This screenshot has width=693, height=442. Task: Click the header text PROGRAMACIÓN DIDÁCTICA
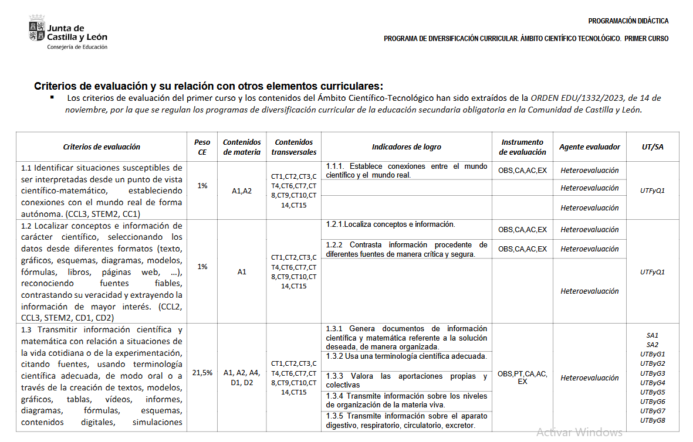628,21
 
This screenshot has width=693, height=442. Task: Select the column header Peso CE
202,147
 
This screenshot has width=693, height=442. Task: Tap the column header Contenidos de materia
242,147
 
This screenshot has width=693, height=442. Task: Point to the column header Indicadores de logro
407,147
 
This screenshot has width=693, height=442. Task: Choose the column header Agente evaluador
589,147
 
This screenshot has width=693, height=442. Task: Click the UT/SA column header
653,147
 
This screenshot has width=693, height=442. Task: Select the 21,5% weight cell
202,373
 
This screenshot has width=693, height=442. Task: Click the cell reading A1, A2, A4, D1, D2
242,378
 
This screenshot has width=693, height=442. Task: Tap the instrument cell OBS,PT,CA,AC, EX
522,378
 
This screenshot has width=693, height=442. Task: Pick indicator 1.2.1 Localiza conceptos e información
390,224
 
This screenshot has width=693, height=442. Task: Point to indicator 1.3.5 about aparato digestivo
406,420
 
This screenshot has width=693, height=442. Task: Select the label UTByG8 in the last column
653,420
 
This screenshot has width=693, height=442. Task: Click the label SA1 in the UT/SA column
653,335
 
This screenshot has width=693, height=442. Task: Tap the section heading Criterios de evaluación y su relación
208,86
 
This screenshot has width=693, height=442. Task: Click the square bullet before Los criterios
52,97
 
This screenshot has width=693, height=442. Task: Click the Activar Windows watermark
579,432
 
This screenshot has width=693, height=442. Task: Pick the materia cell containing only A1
242,272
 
